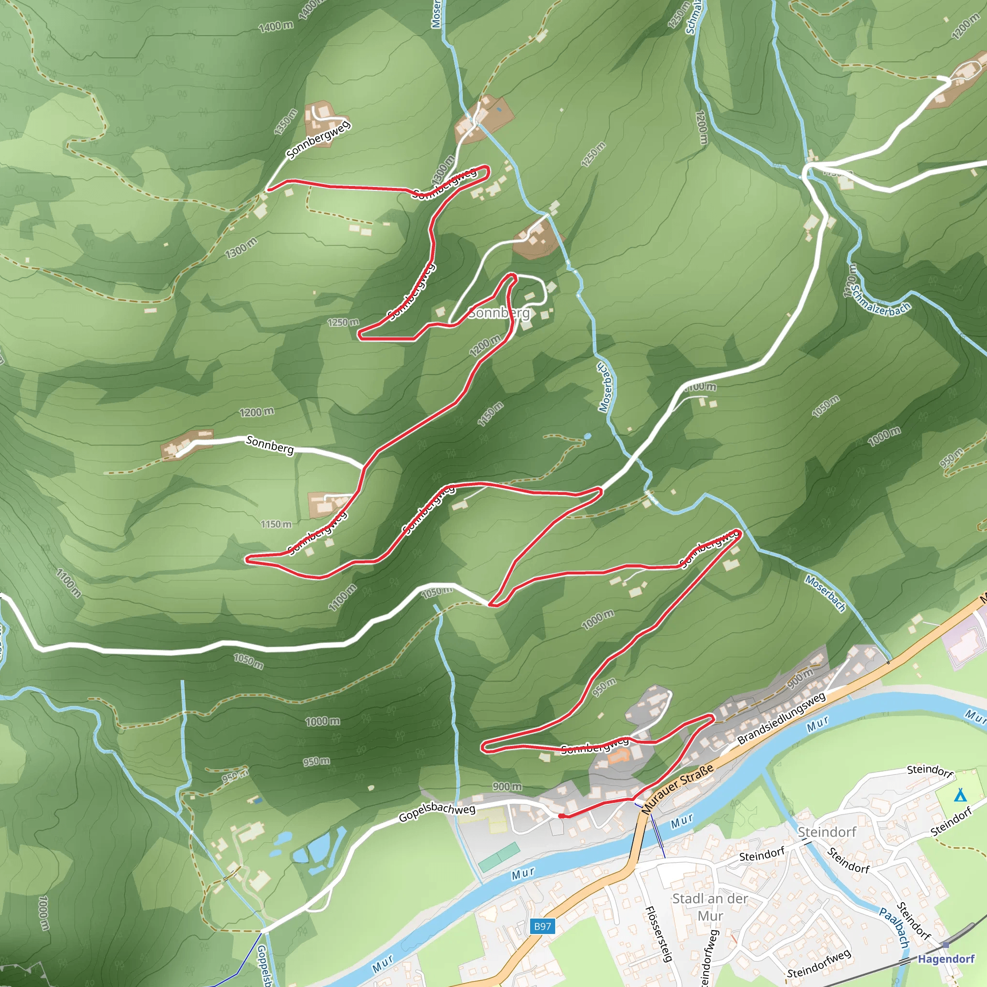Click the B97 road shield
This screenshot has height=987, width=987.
[x=542, y=926]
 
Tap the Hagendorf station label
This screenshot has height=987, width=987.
[x=946, y=959]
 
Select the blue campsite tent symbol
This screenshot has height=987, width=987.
[x=960, y=795]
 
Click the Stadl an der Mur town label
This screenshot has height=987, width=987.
[x=710, y=907]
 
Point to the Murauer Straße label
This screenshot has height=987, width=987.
[x=678, y=789]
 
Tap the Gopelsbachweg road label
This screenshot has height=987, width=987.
[x=437, y=812]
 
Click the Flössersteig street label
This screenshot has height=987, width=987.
[x=658, y=934]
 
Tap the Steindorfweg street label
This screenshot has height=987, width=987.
[x=819, y=963]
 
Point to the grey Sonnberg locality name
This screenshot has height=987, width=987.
[x=499, y=313]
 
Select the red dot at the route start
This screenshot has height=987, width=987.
[x=561, y=816]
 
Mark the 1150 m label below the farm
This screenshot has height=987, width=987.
[x=276, y=524]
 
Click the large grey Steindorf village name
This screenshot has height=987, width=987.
[x=827, y=832]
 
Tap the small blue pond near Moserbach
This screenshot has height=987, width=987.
[x=587, y=437]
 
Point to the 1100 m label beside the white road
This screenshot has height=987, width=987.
[x=699, y=387]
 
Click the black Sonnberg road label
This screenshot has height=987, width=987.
[x=270, y=444]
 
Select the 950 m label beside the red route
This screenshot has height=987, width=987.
[x=604, y=687]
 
